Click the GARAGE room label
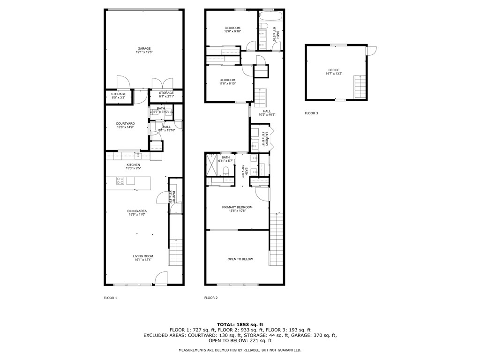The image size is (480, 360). click(144, 48)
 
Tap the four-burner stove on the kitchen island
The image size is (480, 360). click(120, 180)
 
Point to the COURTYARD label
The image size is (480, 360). click(125, 123)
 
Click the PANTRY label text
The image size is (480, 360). click(173, 196)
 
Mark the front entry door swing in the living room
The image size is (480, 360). click(161, 277)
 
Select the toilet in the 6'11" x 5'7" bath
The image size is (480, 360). click(225, 170)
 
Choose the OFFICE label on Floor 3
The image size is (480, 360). click(334, 70)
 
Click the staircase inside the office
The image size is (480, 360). click(360, 86)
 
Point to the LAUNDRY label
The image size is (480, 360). click(265, 139)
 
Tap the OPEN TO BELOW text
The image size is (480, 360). click(240, 259)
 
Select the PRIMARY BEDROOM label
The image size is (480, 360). click(237, 207)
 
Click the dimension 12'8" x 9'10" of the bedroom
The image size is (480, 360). click(232, 31)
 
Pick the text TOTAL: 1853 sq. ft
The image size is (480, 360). click(240, 324)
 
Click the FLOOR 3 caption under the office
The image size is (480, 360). click(311, 113)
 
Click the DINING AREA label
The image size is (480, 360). click(137, 211)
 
